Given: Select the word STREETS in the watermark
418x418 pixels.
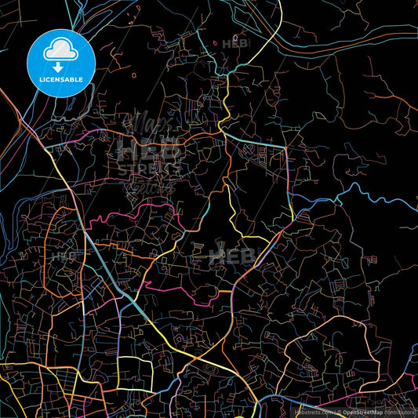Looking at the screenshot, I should coord(149,169).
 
